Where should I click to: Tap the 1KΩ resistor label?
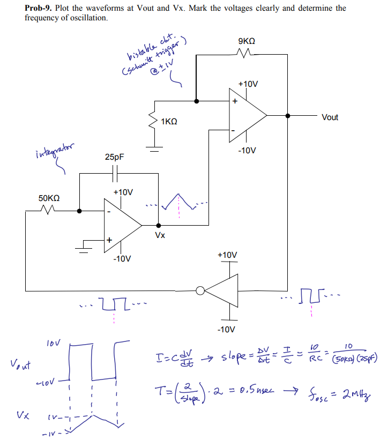[x=169, y=122]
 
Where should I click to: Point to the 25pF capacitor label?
[x=114, y=158]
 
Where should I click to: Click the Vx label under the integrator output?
[x=160, y=235]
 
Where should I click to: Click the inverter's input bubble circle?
[x=200, y=291]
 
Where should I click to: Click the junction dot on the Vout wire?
[x=288, y=115]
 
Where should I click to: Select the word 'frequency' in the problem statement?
[x=41, y=18]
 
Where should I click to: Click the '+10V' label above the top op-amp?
[x=248, y=84]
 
